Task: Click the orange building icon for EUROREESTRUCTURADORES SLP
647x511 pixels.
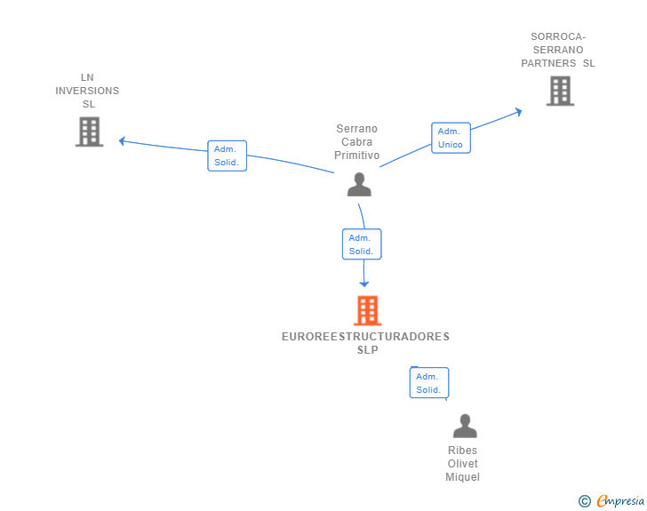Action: pos(368,310)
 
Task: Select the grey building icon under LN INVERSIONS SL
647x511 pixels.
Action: pos(89,132)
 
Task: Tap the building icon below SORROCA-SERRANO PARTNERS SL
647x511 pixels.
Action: pos(560,91)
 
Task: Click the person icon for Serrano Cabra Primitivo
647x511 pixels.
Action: pos(359,184)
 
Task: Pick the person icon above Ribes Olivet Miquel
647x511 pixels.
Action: pos(465,426)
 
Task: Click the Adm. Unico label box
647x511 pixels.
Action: pos(451,138)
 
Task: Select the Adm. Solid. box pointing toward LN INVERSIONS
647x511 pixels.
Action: pos(227,156)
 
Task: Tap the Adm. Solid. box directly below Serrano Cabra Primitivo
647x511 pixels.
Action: pos(362,244)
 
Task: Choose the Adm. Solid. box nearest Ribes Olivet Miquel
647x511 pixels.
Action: pos(429,383)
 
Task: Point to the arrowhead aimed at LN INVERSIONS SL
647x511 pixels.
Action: pos(122,141)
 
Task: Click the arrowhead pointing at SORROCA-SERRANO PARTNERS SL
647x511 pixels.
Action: pos(519,111)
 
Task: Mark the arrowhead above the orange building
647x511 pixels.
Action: pos(364,284)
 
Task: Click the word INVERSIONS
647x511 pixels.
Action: pos(87,91)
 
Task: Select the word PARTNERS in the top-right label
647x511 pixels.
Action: pos(548,63)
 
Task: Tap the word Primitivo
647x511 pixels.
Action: pos(357,156)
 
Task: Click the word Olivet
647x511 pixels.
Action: pos(462,464)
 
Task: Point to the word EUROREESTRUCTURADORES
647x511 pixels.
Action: pos(365,337)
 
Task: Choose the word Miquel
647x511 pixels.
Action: pos(462,477)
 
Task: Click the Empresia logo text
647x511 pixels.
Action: pos(620,501)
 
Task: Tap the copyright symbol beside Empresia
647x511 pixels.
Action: pos(585,501)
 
